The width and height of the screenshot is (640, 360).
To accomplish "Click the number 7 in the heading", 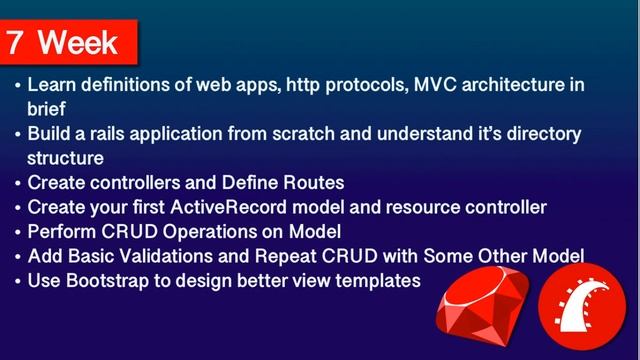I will tap(16, 43).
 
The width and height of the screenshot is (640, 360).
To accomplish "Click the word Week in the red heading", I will tap(78, 43).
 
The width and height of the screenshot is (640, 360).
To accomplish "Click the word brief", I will tap(47, 108).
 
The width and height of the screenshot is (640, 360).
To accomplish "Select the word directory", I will tap(545, 133).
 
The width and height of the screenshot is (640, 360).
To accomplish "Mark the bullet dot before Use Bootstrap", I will tap(17, 281).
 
